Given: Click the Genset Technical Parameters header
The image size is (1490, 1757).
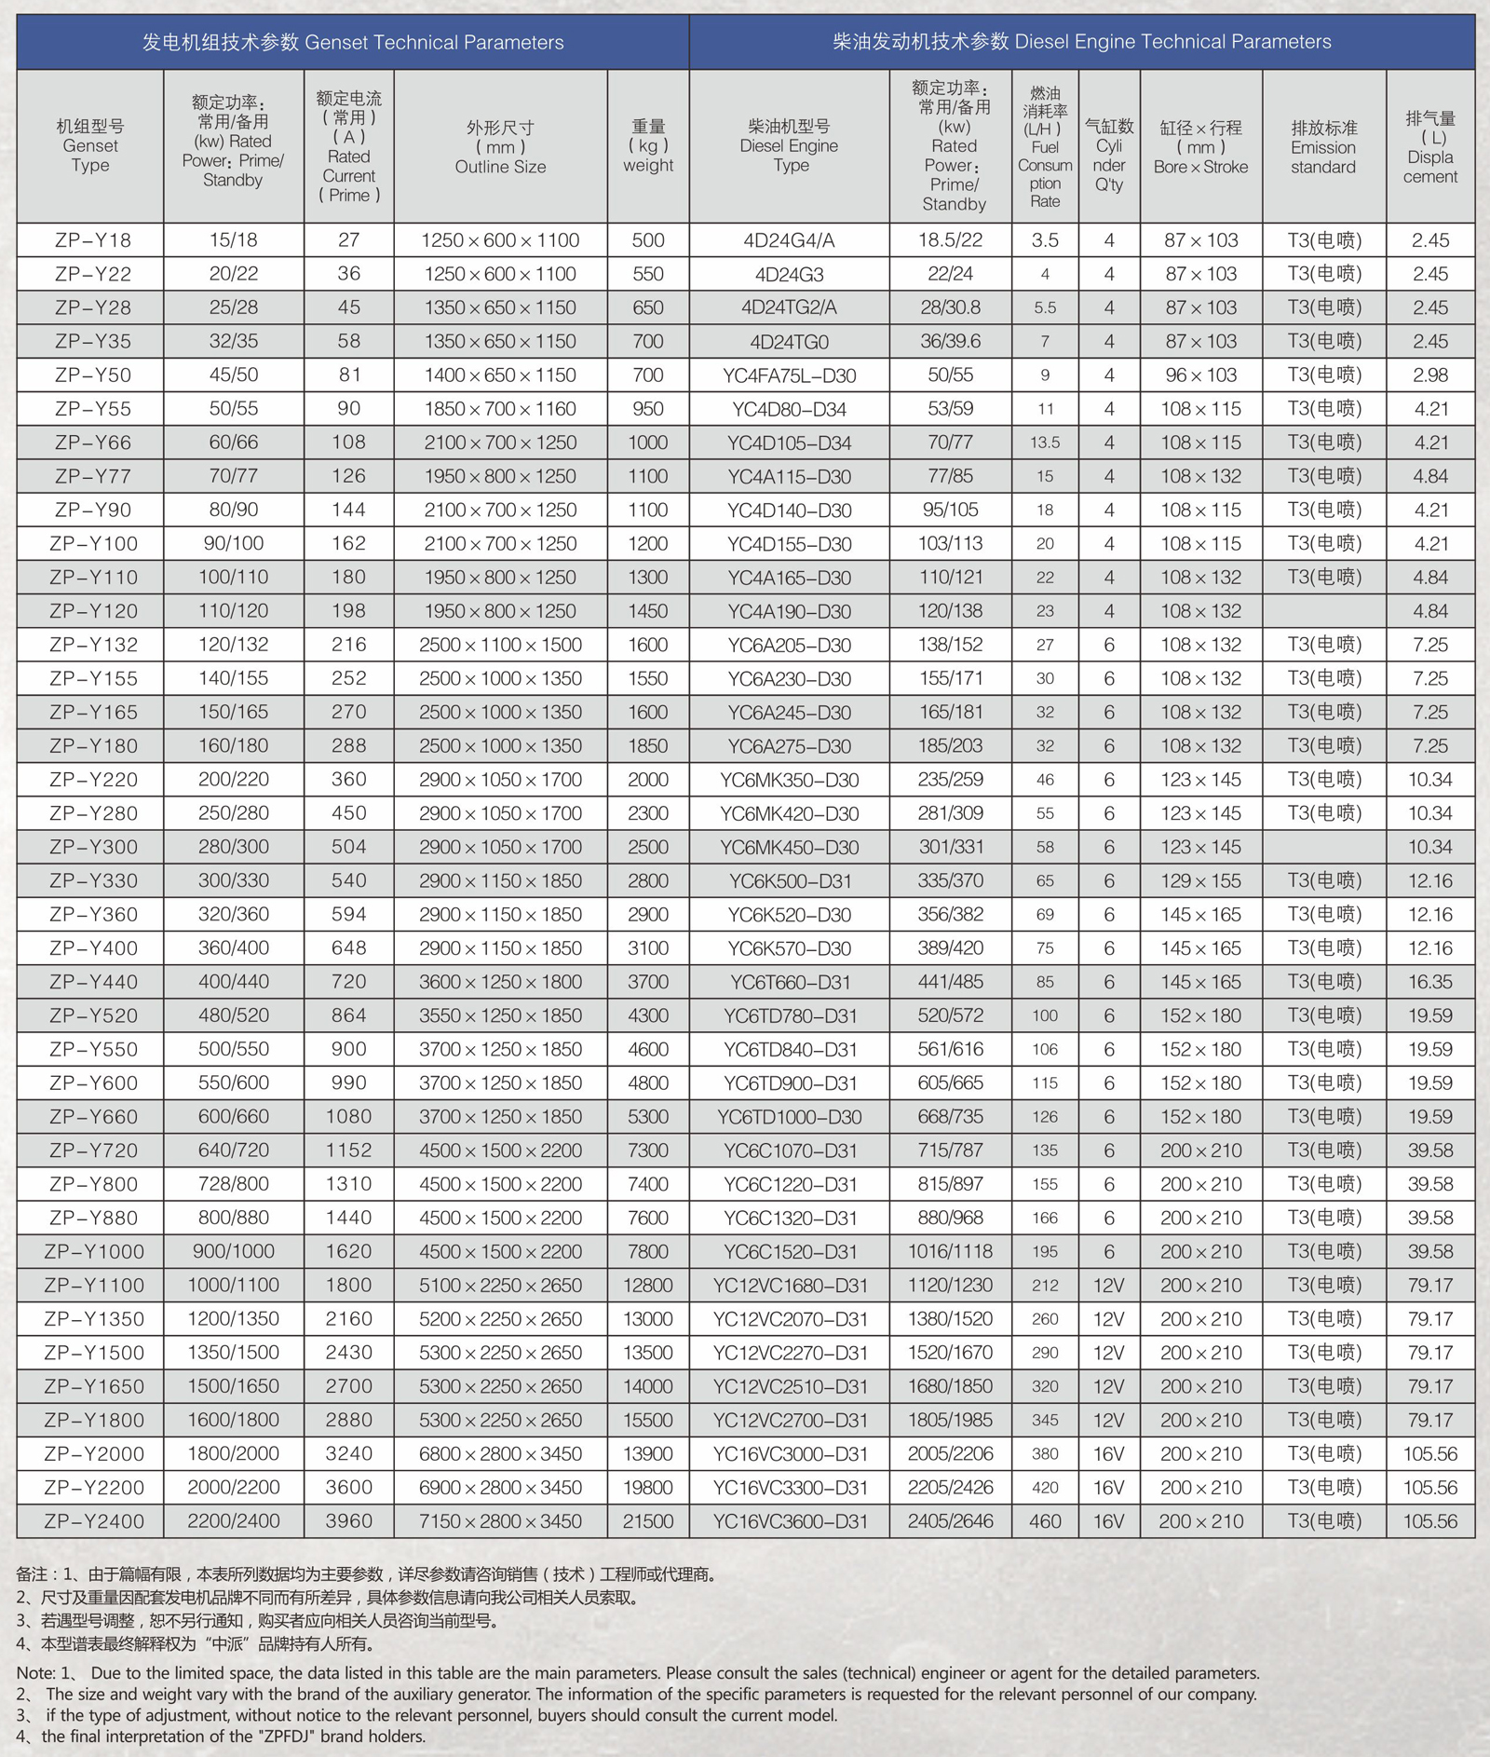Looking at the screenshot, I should coord(352,43).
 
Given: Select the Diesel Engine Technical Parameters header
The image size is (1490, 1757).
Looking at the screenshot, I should coord(1081,42).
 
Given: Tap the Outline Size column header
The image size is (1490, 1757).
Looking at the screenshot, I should coord(500,147).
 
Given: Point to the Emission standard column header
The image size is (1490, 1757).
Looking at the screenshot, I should coord(1323,147).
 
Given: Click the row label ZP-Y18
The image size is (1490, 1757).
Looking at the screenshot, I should coord(92,240).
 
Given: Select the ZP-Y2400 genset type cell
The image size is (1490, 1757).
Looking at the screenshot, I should coord(93,1521).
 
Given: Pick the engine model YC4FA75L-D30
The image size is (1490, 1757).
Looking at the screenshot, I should coord(790,375).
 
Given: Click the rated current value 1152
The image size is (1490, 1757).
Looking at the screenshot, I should coord(348,1151).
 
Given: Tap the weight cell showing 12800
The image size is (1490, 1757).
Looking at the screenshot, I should coord(648,1286).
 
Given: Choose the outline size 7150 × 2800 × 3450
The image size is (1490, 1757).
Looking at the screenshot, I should coord(500,1521).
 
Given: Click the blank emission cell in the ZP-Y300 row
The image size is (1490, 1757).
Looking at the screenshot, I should coord(1323,848).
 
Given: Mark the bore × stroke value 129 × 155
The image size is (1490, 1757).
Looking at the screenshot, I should coord(1200,881).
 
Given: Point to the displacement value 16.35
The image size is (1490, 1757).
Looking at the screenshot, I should coord(1429,982).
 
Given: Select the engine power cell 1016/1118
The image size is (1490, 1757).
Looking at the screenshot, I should coord(951,1251).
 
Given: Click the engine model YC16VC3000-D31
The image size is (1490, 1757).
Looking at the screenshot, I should coord(790,1454).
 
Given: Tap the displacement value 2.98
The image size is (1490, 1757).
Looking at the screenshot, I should coord(1429,375).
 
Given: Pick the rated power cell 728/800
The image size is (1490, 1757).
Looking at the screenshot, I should coord(233,1184).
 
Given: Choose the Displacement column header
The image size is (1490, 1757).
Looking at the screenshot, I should coord(1429,147).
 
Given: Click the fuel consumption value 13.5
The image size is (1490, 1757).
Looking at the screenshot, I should coord(1045,443).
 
